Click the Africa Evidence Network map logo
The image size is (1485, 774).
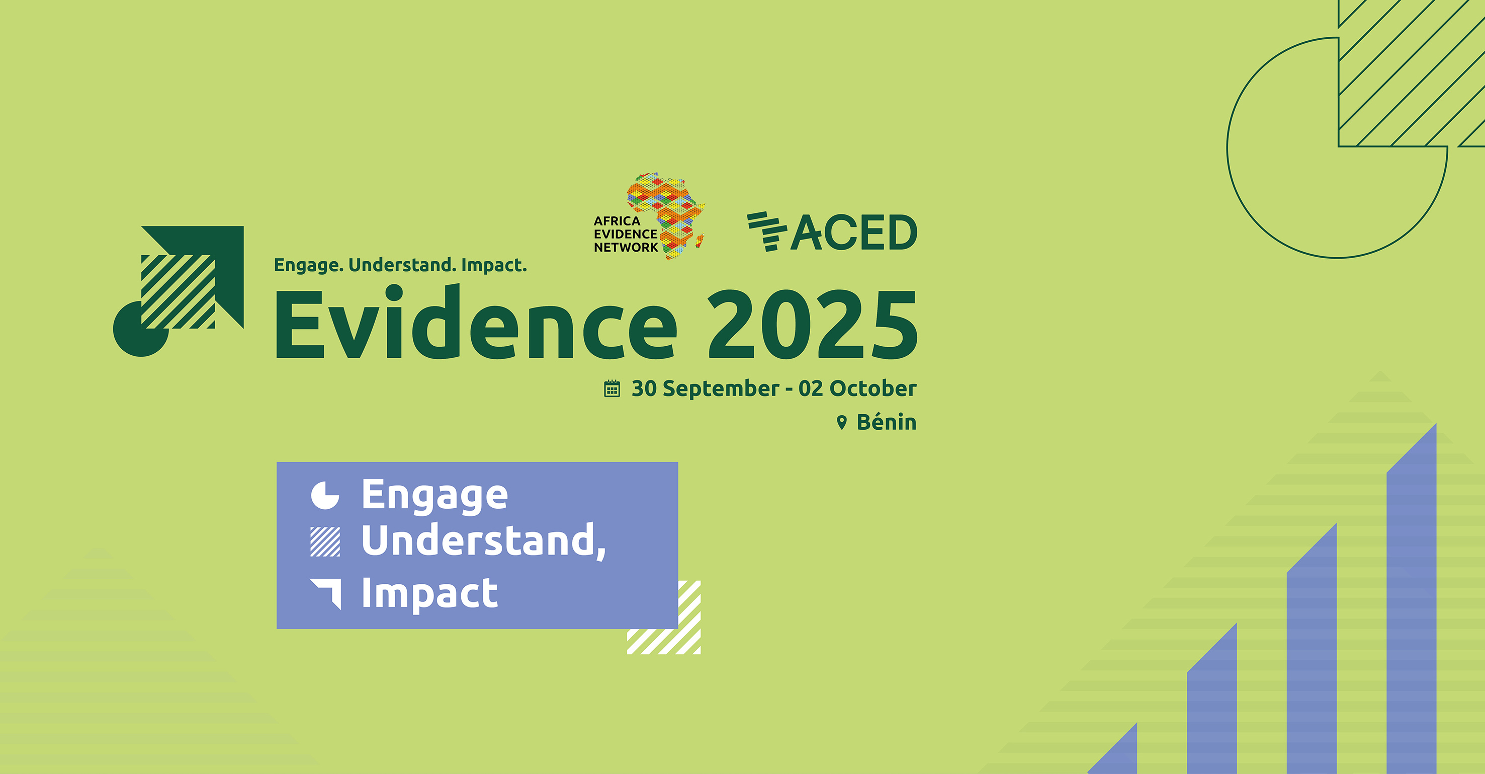click(666, 216)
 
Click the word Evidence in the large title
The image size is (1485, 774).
click(476, 322)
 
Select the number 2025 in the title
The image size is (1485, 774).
click(812, 324)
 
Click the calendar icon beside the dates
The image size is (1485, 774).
click(612, 389)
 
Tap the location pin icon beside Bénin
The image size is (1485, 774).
click(842, 423)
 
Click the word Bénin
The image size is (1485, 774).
click(886, 422)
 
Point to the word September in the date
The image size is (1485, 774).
click(721, 389)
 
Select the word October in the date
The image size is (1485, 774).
click(873, 388)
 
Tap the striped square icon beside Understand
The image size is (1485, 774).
click(325, 541)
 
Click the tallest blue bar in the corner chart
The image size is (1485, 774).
click(1411, 600)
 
